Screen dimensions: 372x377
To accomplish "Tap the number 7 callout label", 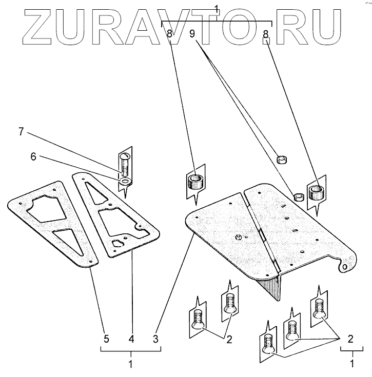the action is tap(21, 132).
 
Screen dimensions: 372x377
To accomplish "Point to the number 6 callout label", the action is tap(33, 157).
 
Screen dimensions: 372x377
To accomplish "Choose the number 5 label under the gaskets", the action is tap(106, 339).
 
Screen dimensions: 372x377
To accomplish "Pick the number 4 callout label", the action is tap(131, 339).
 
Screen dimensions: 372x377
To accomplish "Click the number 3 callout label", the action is tap(155, 339).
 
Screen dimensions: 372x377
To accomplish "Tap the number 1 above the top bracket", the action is tap(217, 8).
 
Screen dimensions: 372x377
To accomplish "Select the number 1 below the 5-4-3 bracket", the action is tap(131, 365).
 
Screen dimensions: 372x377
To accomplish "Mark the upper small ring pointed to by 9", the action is tap(281, 160).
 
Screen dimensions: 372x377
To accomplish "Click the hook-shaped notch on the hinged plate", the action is tap(345, 265).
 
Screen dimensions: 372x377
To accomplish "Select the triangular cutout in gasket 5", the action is tap(70, 240).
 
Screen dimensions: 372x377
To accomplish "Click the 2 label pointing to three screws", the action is tap(351, 339).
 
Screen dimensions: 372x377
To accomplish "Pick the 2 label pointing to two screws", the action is tap(229, 339).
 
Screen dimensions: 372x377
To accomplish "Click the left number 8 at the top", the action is tap(169, 35).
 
